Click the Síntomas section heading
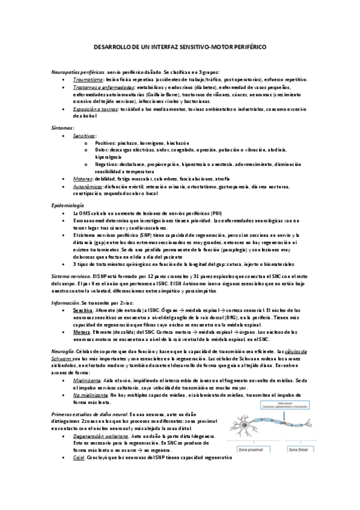tap(63, 127)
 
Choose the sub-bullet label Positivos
tap(105, 144)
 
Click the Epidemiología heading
tap(67, 205)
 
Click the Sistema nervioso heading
tap(71, 273)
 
